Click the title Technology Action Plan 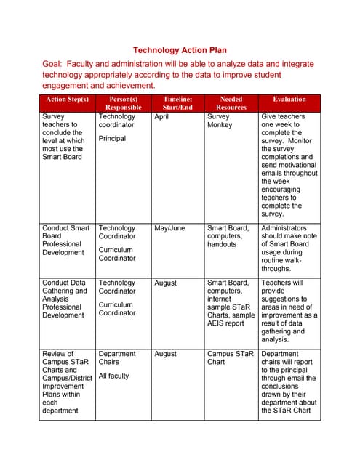point(180,50)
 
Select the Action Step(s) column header point(67,99)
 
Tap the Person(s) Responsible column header point(123,102)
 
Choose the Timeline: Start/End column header point(177,102)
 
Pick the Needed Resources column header point(231,102)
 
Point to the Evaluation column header point(289,99)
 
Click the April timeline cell point(161,116)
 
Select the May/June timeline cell point(169,228)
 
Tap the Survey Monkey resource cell point(220,121)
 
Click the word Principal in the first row point(112,138)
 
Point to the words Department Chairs point(117,357)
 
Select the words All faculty point(113,376)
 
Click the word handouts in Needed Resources point(222,244)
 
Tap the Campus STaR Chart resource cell point(230,357)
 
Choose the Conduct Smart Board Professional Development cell point(66,240)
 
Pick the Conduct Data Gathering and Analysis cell point(65,299)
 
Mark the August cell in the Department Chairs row point(165,354)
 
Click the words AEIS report point(225,323)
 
